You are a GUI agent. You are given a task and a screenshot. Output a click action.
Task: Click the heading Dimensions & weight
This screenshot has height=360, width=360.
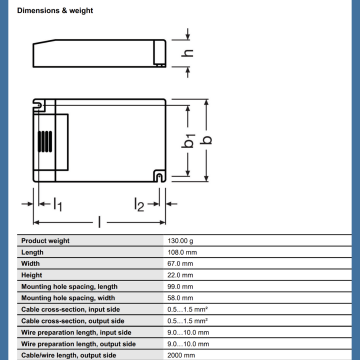[x=55, y=11]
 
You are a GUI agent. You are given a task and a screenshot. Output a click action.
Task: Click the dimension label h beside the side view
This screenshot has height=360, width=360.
[x=187, y=53]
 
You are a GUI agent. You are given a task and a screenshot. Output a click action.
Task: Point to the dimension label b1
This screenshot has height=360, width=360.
[x=189, y=140]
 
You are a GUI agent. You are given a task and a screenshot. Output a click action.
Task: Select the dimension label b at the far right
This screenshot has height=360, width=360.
[x=207, y=139]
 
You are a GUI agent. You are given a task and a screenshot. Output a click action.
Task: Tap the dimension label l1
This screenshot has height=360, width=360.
[x=58, y=204]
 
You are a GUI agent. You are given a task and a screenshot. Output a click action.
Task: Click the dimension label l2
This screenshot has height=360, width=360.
[x=139, y=204]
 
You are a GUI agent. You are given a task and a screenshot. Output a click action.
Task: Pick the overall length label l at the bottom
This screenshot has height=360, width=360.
[x=99, y=222]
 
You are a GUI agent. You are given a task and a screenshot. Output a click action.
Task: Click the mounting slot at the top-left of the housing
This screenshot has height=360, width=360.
[x=39, y=106]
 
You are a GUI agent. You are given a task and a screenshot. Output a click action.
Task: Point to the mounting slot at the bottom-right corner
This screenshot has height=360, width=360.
[x=159, y=176]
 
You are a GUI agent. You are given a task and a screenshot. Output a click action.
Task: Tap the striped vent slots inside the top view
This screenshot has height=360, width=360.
[x=45, y=141]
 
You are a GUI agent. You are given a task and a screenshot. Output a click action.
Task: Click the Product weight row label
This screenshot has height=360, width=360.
[x=45, y=241]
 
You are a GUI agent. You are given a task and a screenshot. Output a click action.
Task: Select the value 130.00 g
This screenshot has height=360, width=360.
[x=180, y=241]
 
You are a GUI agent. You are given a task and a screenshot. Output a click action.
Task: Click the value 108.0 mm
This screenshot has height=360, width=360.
[x=182, y=252]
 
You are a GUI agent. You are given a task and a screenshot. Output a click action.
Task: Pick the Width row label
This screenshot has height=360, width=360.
[x=30, y=264]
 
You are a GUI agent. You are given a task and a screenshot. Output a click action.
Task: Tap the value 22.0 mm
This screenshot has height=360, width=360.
[x=180, y=275]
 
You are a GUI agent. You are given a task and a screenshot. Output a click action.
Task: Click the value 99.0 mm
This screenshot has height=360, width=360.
[x=180, y=287]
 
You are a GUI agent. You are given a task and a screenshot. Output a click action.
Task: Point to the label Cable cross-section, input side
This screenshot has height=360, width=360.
[x=71, y=310]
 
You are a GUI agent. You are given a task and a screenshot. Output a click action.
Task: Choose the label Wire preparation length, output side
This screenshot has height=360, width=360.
[x=78, y=344]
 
